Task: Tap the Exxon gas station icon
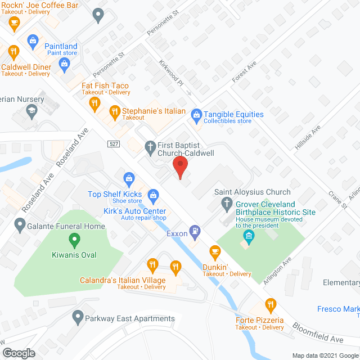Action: click(195, 229)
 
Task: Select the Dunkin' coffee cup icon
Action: click(214, 251)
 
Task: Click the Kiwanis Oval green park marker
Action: click(73, 242)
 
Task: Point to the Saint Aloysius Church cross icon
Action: click(227, 203)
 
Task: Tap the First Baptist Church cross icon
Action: click(150, 147)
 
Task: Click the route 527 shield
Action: click(114, 144)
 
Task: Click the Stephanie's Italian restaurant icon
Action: click(115, 111)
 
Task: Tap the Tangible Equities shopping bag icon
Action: click(196, 115)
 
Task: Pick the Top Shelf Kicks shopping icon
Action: click(129, 180)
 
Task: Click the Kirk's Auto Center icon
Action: click(152, 195)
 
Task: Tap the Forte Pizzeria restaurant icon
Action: click(271, 305)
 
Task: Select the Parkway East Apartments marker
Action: click(78, 318)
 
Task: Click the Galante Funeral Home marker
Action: click(20, 227)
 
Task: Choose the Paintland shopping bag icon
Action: click(33, 40)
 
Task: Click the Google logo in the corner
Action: click(18, 353)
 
